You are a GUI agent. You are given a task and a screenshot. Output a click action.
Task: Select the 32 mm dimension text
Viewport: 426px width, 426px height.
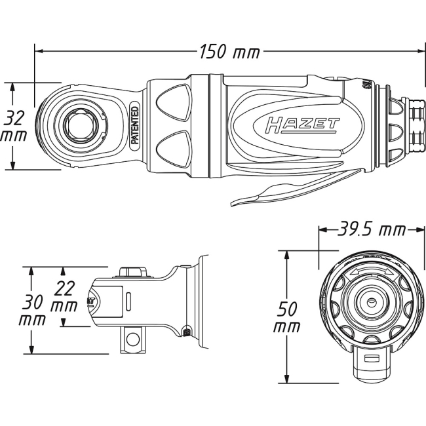15,125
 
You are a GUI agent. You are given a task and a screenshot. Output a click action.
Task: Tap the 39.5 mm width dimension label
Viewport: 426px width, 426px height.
362,230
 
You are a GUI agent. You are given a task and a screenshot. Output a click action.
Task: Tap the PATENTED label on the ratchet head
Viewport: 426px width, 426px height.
134,124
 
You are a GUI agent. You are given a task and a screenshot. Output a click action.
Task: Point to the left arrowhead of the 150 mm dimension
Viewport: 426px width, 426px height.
38,50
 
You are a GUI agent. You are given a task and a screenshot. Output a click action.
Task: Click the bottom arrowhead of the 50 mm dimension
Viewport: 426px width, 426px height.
286,380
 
